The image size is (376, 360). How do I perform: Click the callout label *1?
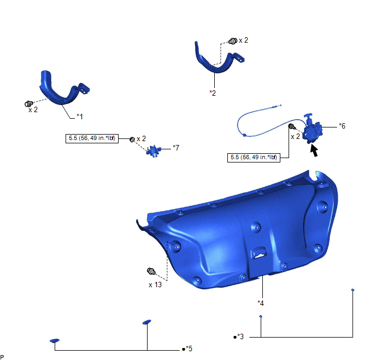tap(80, 117)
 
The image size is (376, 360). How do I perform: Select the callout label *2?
tap(213, 93)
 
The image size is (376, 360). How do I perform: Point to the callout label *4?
tap(261, 303)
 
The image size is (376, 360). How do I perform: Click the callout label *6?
tap(342, 126)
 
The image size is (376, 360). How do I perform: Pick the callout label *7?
tap(176, 148)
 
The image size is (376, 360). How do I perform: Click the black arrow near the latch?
tap(314, 150)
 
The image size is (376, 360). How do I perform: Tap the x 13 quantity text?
tap(155, 284)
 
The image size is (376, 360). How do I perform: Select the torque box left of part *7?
tap(92, 138)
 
